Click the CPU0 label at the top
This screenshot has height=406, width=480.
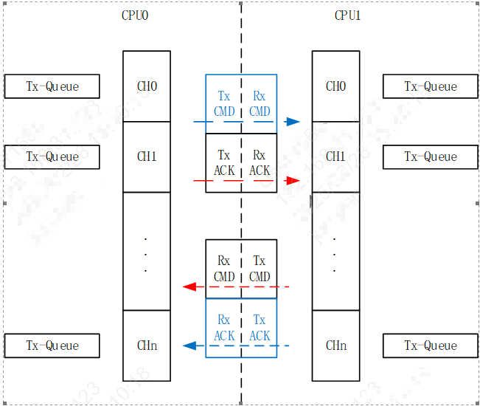coord(135,16)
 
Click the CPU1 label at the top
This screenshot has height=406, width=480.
coord(347,16)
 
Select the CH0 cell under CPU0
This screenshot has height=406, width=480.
coord(147,86)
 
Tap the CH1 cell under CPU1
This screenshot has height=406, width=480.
coord(335,156)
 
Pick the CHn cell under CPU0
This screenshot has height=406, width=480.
coord(147,345)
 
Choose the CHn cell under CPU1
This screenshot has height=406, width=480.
coord(335,345)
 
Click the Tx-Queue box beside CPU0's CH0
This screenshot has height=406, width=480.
coord(52,86)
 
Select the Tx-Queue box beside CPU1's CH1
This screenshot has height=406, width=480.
coord(431,156)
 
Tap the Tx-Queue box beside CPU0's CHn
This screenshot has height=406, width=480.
coord(52,345)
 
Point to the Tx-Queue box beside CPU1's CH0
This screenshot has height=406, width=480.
coord(431,86)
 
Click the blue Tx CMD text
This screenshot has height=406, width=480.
coord(224,104)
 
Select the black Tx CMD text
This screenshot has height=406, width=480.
coord(260,269)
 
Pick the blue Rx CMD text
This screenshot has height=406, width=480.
coord(260,104)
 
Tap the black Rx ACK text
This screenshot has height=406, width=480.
coord(260,163)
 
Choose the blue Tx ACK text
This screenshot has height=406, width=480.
coord(260,328)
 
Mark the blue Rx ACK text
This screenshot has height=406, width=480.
coord(224,328)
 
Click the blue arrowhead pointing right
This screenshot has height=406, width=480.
coord(293,122)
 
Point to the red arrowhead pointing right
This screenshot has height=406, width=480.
coord(293,180)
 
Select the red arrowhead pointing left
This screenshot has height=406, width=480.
coord(189,286)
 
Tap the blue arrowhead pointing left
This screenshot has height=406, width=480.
coord(189,345)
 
